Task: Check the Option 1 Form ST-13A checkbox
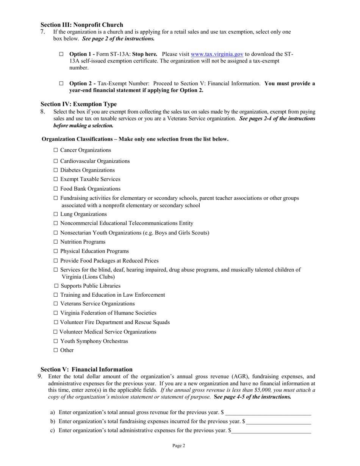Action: pos(61,55)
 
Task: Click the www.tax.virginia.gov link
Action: pos(217,54)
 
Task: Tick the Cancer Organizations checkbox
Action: pos(56,150)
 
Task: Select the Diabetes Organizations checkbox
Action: pos(56,170)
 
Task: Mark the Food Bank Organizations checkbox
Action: pos(56,189)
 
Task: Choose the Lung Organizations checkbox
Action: pos(56,214)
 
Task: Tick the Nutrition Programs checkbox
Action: pos(56,242)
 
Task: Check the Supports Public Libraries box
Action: pos(56,286)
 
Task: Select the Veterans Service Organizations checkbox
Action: pos(56,304)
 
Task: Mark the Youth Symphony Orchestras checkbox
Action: pos(56,341)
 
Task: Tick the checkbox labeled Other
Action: pos(56,350)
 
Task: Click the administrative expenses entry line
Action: pos(271,431)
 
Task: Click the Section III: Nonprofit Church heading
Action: pos(82,25)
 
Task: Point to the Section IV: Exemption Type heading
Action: pos(78,104)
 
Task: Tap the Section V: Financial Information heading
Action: pos(86,369)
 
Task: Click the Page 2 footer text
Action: pos(179,446)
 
